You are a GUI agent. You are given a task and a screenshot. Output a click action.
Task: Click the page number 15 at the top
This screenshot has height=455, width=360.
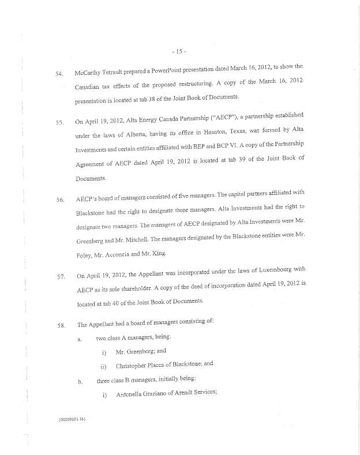click(x=180, y=51)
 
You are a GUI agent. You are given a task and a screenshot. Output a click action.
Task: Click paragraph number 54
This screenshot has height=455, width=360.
click(x=58, y=74)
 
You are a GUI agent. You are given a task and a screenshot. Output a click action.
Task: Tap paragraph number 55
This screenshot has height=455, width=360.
click(x=59, y=122)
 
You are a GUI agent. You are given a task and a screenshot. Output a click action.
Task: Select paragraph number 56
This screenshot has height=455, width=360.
click(x=59, y=200)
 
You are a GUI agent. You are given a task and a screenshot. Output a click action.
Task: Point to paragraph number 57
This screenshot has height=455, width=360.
click(x=59, y=276)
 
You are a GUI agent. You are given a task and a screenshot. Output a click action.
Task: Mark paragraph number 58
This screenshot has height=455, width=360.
click(x=59, y=325)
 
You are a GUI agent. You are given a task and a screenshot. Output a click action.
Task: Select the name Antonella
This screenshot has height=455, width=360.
click(x=133, y=395)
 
